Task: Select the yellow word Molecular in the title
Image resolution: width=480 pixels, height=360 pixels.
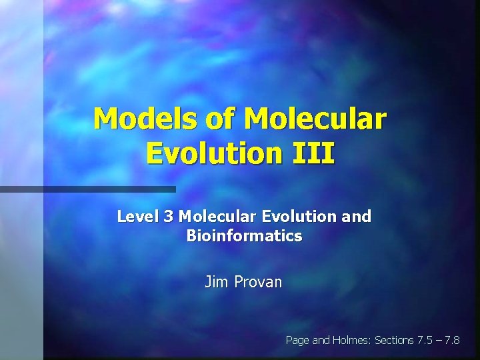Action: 315,119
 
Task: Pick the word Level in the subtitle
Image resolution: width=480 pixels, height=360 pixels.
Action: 135,217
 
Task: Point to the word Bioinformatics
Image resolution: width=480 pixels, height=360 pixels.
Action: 244,236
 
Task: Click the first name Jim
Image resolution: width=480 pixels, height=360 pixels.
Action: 215,282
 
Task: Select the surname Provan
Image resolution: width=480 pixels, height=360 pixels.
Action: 257,282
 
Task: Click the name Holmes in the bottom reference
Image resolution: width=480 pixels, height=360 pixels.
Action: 351,340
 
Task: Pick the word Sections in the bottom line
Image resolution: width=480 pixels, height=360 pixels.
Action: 394,340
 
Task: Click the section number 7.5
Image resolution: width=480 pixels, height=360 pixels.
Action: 423,340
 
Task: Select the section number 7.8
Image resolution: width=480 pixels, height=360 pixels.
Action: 452,340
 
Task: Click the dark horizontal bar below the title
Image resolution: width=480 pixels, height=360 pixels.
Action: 87,189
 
